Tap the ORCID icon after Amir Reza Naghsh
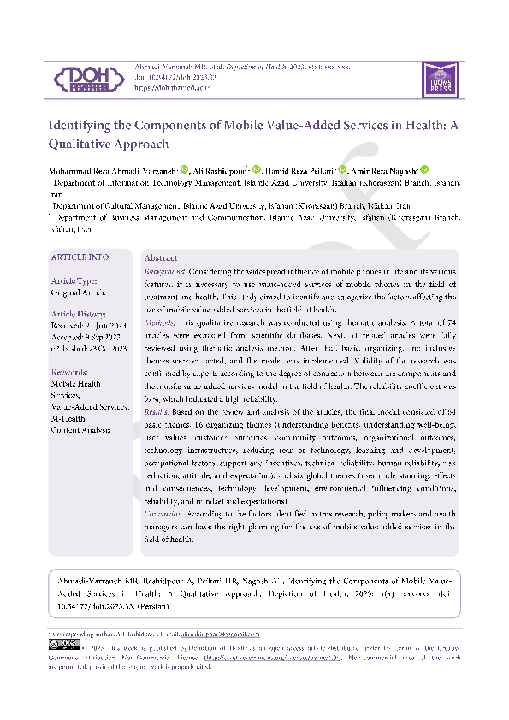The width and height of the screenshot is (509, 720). pyautogui.click(x=423, y=170)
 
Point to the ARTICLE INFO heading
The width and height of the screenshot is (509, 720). pyautogui.click(x=80, y=257)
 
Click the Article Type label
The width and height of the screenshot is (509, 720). pyautogui.click(x=74, y=281)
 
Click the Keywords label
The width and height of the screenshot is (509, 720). pyautogui.click(x=70, y=372)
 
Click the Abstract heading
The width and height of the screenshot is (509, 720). pyautogui.click(x=161, y=257)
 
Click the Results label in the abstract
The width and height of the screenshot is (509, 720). pyautogui.click(x=157, y=412)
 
